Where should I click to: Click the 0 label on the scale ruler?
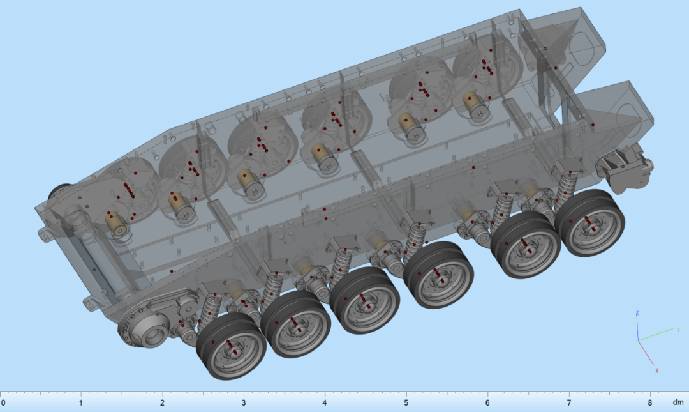coord(3,403)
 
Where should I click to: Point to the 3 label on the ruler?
coord(244,403)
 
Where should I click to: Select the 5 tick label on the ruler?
coord(406,403)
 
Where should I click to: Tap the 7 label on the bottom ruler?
coord(568,403)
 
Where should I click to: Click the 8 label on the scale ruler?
coord(650,403)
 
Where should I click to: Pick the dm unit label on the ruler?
coord(678,403)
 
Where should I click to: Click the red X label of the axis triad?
coord(657,370)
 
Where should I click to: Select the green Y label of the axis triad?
coord(678,329)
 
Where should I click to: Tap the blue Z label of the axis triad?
coord(637,314)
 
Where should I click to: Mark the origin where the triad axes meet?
coord(639,340)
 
